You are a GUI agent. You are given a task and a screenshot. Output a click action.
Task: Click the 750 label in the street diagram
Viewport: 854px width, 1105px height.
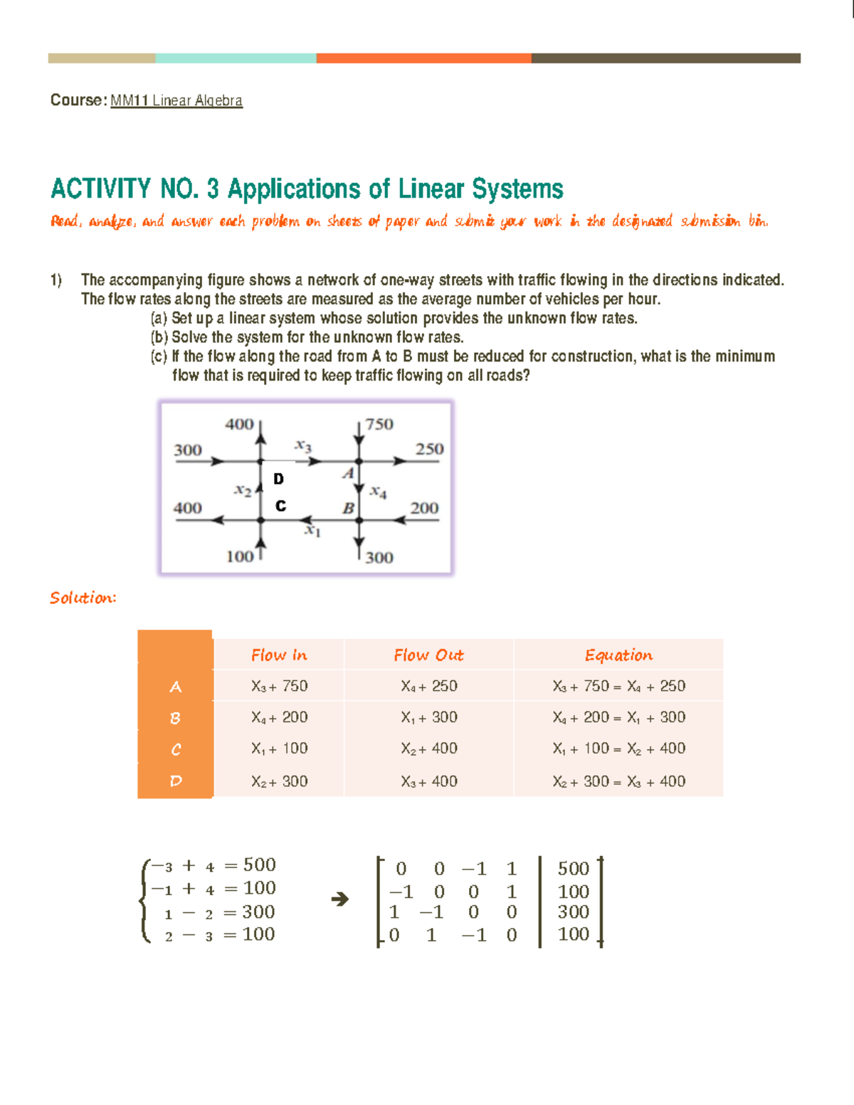point(379,424)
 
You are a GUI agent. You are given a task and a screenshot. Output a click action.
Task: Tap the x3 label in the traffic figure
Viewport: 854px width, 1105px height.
point(303,446)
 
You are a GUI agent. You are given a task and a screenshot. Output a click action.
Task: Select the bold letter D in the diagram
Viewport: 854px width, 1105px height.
point(278,479)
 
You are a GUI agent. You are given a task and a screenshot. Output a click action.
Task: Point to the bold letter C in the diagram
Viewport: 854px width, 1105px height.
point(280,506)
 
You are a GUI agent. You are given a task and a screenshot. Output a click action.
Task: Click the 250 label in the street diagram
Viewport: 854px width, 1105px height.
point(429,449)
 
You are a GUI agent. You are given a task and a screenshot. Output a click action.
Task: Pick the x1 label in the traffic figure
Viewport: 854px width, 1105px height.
point(312,531)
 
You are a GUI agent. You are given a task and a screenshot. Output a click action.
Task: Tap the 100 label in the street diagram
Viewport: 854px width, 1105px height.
point(240,556)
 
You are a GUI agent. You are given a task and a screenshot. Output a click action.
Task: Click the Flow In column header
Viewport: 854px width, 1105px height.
point(279,655)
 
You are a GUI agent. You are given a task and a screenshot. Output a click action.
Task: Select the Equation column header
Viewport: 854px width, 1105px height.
point(618,655)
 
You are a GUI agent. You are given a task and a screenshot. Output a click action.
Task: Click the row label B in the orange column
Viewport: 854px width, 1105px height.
point(175,718)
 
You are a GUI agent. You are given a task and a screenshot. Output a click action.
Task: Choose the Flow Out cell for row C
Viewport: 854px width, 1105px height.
point(428,749)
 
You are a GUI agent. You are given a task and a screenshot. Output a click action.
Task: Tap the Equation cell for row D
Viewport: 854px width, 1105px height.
point(618,781)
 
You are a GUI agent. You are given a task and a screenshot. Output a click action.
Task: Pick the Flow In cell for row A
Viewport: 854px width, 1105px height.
point(279,686)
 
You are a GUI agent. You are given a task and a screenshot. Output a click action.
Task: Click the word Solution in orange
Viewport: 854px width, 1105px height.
point(83,598)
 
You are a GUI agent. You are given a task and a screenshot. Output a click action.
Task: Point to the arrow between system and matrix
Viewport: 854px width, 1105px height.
point(340,899)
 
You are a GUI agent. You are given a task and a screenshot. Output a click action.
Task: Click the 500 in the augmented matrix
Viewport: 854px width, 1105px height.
point(573,869)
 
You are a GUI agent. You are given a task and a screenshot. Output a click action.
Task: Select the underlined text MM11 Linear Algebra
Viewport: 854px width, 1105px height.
point(176,100)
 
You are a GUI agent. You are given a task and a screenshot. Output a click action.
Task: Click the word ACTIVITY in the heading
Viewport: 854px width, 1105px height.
point(100,189)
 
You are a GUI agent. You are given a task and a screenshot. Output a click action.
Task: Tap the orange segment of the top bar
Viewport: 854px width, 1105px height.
point(423,58)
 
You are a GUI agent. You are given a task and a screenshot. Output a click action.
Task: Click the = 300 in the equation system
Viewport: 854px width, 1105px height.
point(249,912)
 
